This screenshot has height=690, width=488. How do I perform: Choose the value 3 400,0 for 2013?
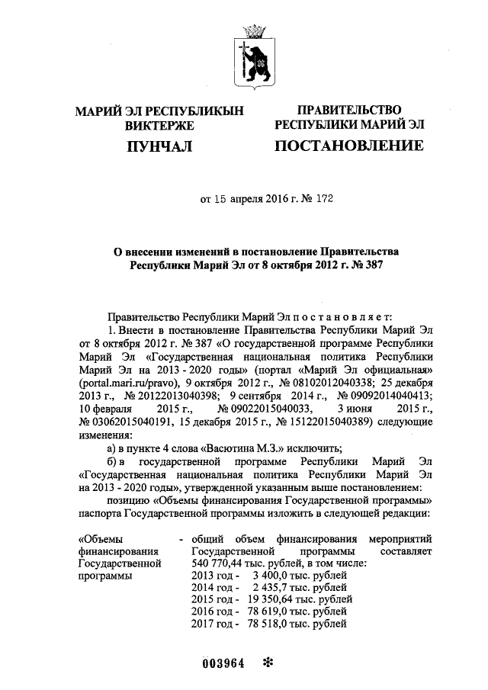pyautogui.click(x=267, y=575)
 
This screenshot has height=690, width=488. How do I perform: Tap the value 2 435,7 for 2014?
pyautogui.click(x=267, y=588)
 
